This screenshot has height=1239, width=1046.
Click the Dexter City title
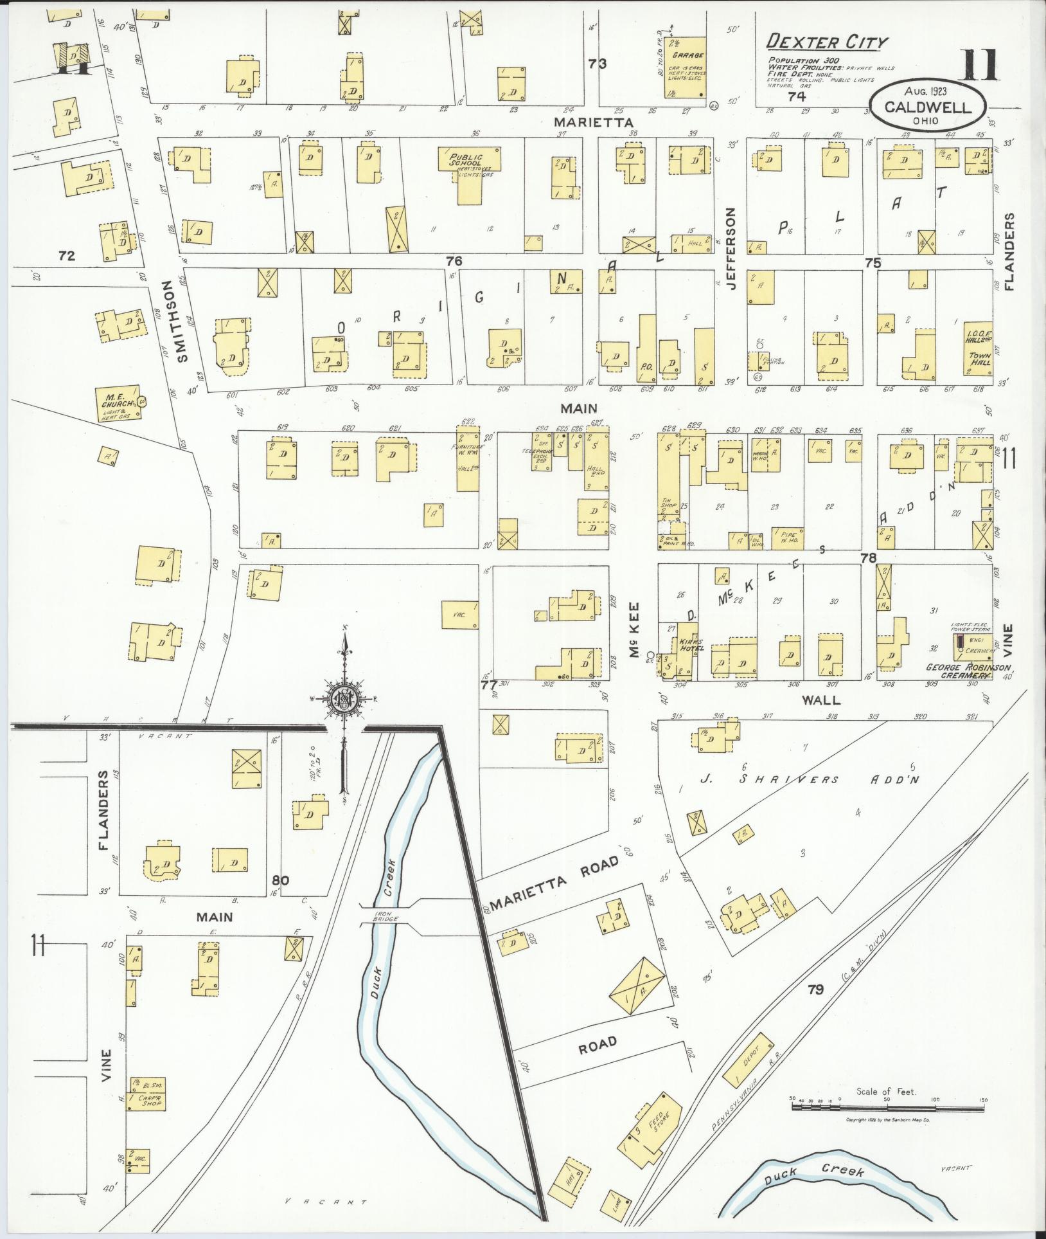pos(827,43)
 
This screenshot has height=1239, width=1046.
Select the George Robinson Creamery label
pos(968,671)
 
